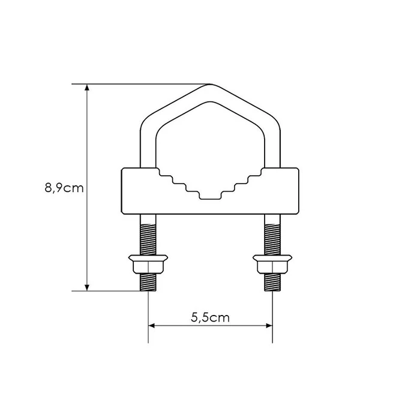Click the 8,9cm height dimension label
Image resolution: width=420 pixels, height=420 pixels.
pos(64,188)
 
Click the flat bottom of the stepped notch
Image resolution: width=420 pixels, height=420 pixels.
pos(210,197)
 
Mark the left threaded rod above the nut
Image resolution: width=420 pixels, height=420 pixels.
pos(148,235)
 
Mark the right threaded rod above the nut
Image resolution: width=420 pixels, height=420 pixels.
pos(272,235)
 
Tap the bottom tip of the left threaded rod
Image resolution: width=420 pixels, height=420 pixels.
pos(148,290)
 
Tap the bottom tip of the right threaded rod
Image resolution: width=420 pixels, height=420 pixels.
pos(272,290)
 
